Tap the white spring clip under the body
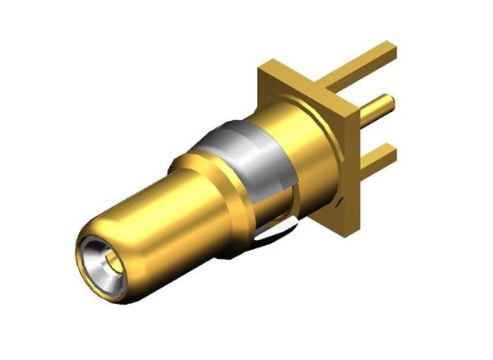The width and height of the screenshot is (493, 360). pos(271,236)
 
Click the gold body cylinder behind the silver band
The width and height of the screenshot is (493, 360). pos(304,148)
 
